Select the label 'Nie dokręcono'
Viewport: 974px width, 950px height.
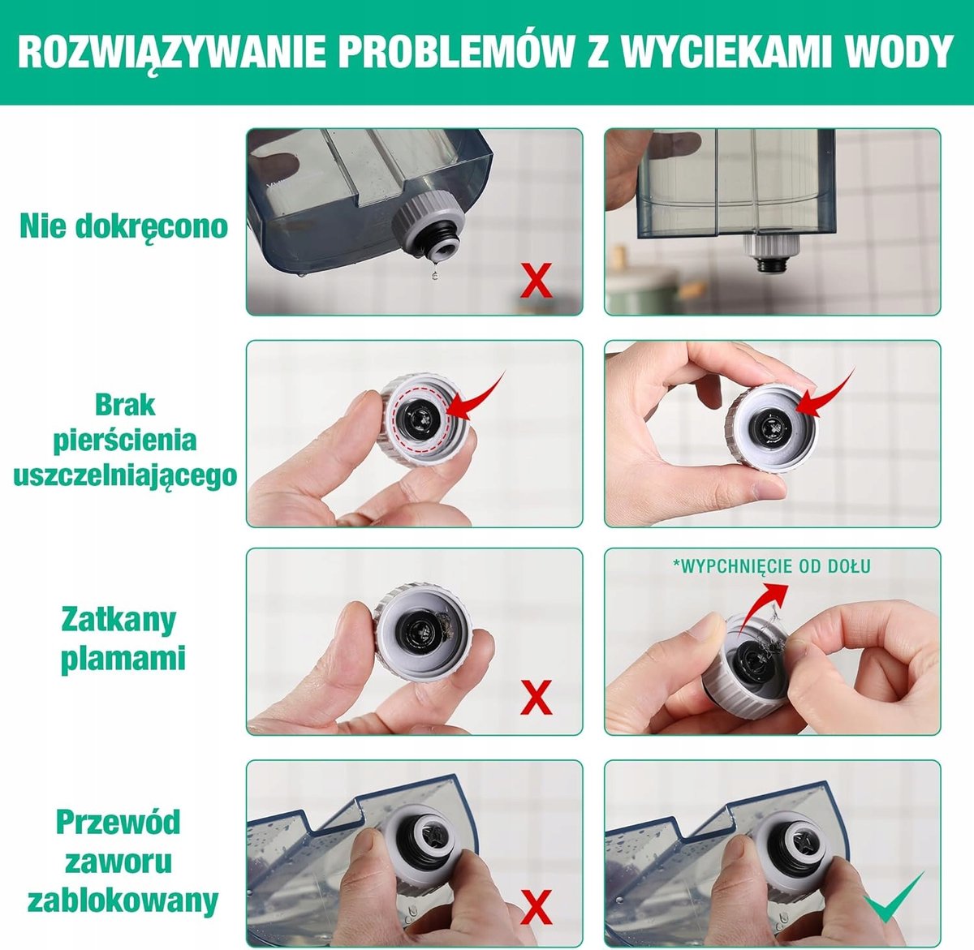[123, 226]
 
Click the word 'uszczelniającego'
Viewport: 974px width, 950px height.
[125, 475]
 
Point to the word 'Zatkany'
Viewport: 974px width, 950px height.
[119, 621]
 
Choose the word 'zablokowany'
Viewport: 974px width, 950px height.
[123, 901]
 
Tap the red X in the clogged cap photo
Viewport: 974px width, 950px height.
[536, 698]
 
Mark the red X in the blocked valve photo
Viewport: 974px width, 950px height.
[536, 907]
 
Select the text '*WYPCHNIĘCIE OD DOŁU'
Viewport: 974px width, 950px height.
[772, 566]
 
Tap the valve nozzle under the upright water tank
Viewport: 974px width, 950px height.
[765, 254]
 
